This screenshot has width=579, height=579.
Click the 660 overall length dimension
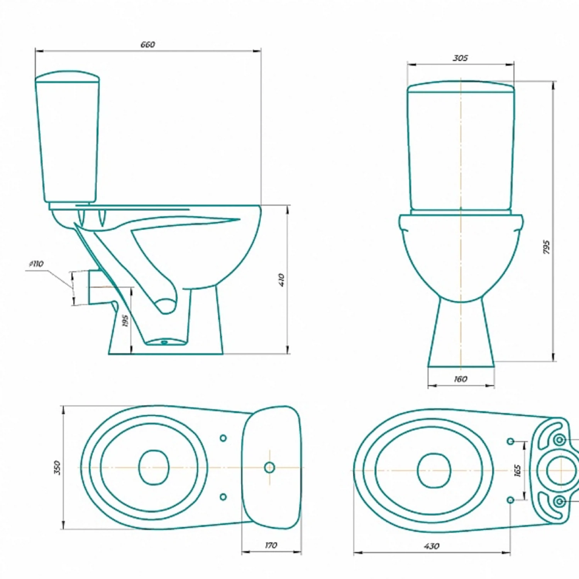point(147,45)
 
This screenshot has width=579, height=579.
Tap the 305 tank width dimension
point(460,58)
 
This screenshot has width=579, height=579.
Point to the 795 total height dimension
point(546,247)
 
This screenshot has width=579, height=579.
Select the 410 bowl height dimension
point(281,279)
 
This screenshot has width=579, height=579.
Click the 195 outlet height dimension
point(125,320)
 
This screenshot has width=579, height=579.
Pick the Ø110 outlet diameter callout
point(37,264)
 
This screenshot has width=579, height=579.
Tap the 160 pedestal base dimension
point(460,379)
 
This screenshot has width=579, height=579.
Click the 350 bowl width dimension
point(57,467)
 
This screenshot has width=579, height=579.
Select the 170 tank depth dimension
point(271,545)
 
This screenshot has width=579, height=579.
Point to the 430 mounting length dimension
point(431,546)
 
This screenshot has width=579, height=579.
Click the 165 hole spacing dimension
point(518,470)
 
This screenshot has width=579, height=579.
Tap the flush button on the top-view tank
point(269,467)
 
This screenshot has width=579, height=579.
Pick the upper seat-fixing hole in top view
point(223,438)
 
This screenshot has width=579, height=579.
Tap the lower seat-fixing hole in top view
point(223,497)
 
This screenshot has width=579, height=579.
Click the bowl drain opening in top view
point(154,467)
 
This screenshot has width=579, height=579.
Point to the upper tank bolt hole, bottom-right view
point(559,440)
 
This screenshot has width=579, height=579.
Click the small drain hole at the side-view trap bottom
point(164,342)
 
